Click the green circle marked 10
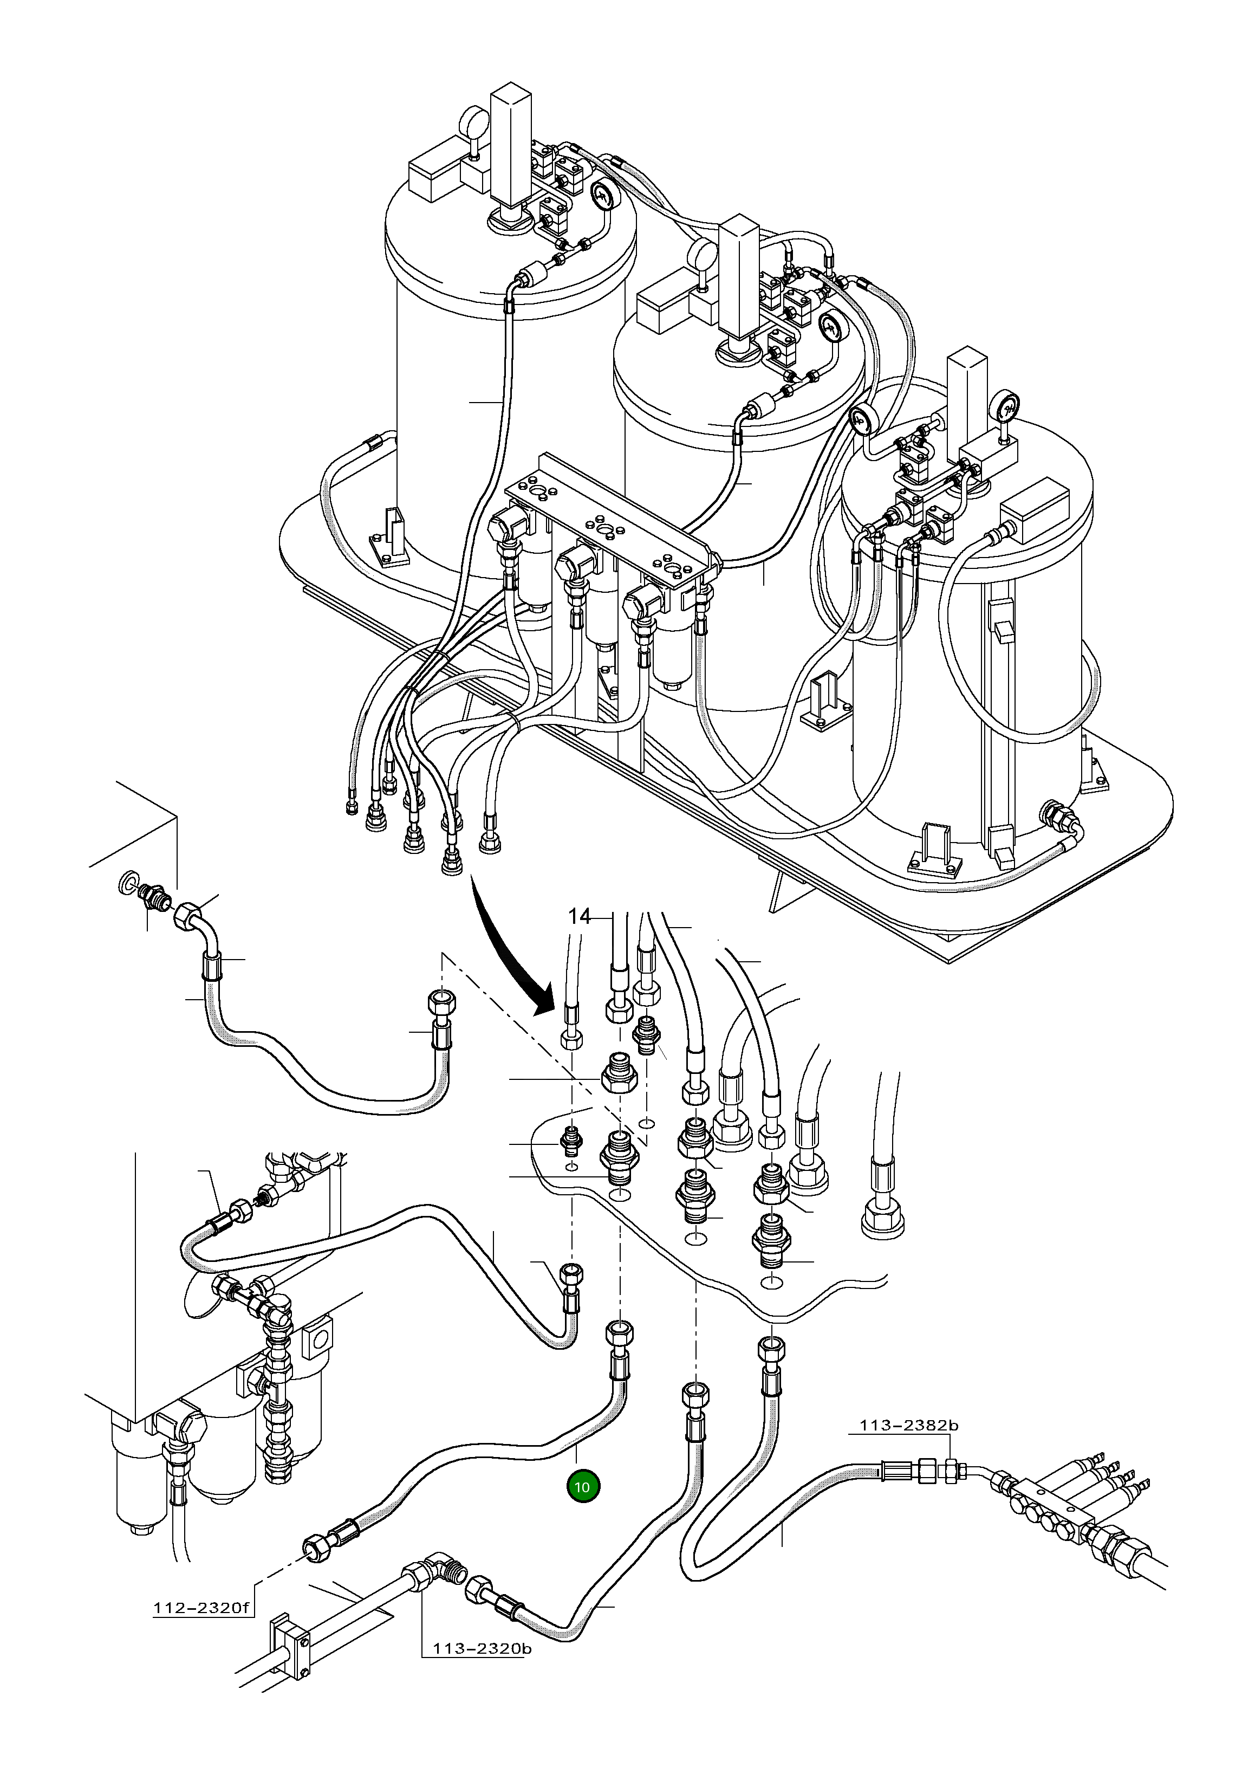(583, 1486)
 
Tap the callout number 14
(579, 917)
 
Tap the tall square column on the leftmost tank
(511, 147)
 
